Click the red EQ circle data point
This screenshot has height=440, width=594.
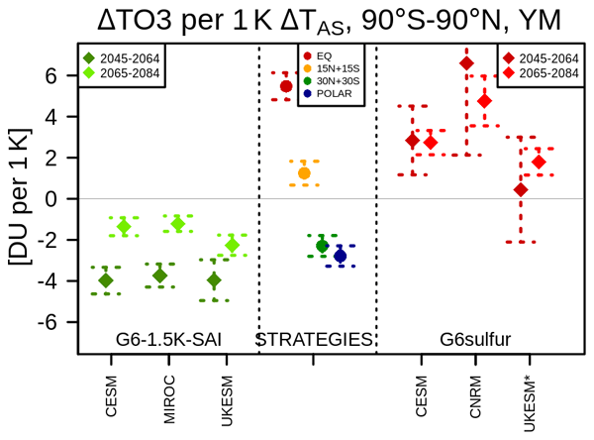click(286, 86)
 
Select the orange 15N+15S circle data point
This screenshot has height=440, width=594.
click(304, 173)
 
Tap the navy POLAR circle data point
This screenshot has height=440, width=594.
click(341, 256)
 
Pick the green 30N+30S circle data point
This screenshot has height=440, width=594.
click(322, 246)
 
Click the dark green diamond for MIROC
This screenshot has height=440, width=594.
click(159, 275)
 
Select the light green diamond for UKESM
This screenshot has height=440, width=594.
click(233, 245)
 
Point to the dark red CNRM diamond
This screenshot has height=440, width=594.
click(466, 63)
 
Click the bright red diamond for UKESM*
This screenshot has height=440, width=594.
click(539, 162)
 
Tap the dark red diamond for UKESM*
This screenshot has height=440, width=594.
click(521, 189)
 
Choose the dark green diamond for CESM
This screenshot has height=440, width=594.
click(106, 280)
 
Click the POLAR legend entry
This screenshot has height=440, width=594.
click(328, 93)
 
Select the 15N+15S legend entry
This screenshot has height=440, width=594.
click(332, 68)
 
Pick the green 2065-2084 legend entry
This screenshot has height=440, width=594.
click(122, 72)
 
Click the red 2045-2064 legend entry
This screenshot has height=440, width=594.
click(541, 58)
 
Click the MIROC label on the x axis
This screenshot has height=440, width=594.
click(169, 399)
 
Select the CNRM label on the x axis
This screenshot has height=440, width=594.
click(475, 396)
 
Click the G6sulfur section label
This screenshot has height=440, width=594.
click(475, 340)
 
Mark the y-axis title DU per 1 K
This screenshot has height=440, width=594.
click(20, 196)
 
